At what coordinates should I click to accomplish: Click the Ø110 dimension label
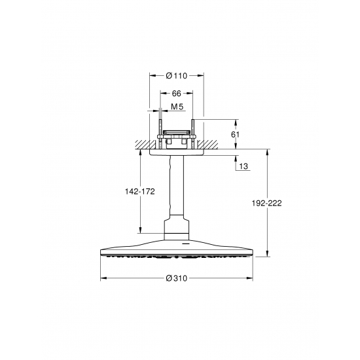pyautogui.click(x=177, y=76)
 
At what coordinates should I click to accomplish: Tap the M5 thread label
pyautogui.click(x=177, y=107)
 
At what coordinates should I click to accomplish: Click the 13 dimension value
pyautogui.click(x=243, y=167)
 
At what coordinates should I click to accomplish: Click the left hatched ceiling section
pyautogui.click(x=145, y=143)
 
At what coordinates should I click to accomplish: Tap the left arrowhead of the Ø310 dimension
pyautogui.click(x=102, y=278)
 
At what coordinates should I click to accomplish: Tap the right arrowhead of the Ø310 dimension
pyautogui.click(x=252, y=278)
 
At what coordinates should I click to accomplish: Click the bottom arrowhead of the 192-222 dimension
pyautogui.click(x=267, y=254)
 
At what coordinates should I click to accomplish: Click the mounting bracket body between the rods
pyautogui.click(x=177, y=137)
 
